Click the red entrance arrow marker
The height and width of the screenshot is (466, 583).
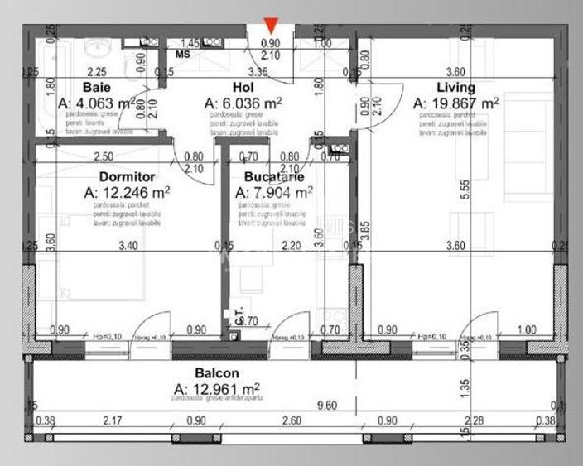pos(271,26)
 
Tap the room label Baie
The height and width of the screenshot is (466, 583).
pos(98,87)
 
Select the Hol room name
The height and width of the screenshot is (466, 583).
pos(242,87)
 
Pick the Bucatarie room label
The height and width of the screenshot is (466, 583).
pos(273,176)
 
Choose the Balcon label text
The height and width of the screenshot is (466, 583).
pos(216,373)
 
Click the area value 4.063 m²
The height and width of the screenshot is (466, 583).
pos(98,103)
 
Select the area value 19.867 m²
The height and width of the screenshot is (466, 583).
pos(455,103)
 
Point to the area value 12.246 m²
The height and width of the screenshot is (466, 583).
pos(128,191)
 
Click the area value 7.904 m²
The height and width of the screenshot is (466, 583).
pos(274,191)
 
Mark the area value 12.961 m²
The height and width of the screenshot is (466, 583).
pos(217,388)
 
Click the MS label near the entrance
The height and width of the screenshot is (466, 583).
pos(182,55)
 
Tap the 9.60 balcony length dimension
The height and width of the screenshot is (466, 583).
pos(294,406)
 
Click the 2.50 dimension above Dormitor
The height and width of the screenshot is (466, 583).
pos(104,156)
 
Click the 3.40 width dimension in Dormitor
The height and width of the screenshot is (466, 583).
pos(127,245)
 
